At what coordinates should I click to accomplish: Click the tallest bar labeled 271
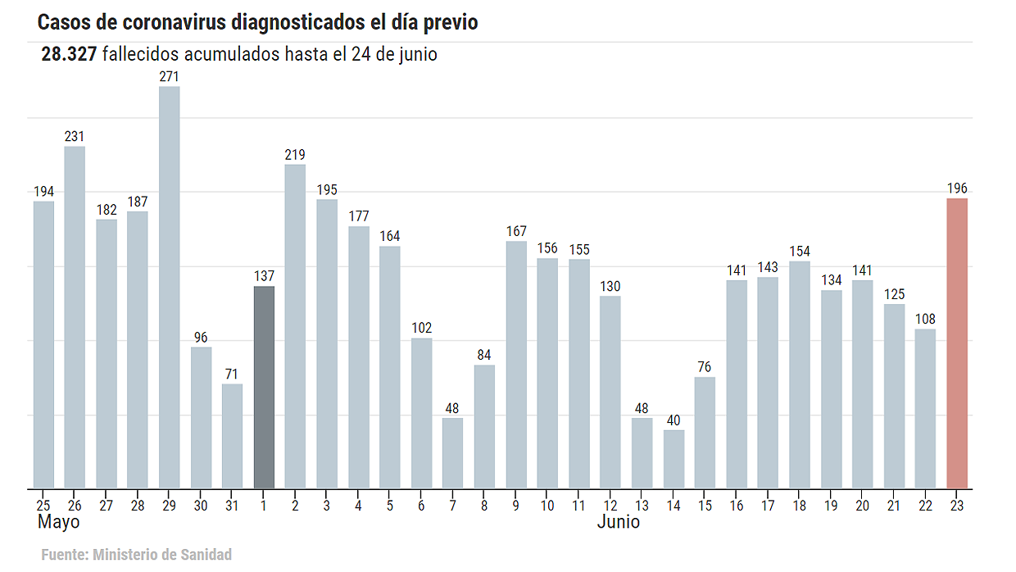(169, 287)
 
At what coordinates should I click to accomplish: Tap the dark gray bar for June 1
(264, 387)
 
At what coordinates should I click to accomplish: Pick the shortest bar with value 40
(674, 459)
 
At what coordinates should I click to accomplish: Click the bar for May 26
(75, 317)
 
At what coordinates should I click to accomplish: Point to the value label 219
(295, 155)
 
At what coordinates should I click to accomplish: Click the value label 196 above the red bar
(957, 188)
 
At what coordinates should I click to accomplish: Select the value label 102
(421, 328)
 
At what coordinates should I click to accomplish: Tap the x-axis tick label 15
(705, 506)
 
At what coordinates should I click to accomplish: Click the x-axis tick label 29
(169, 506)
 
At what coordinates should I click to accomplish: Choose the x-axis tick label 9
(516, 506)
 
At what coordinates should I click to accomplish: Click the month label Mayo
(59, 522)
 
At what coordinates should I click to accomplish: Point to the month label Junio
(619, 522)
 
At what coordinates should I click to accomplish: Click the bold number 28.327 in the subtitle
(70, 55)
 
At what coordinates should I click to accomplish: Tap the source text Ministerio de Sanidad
(162, 555)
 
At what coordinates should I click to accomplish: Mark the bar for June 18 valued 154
(800, 375)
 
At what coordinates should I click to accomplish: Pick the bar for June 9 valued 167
(516, 365)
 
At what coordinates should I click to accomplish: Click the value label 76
(705, 366)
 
